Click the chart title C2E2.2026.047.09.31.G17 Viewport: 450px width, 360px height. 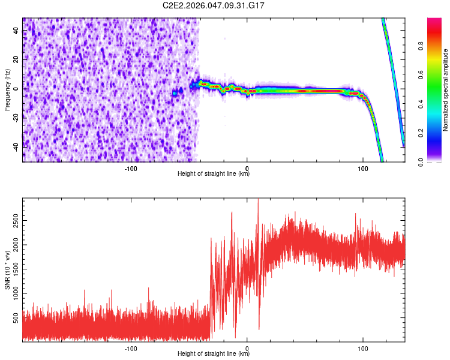(214, 5)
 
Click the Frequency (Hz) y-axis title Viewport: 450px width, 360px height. (7, 90)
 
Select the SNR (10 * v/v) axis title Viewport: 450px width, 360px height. (7, 271)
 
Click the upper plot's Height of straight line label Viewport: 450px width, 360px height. (214, 174)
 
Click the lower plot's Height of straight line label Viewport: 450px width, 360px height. (214, 354)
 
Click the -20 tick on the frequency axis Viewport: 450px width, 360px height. (16, 118)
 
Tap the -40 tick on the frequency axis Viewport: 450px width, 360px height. (16, 146)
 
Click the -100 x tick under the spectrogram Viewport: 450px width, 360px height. (131, 169)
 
